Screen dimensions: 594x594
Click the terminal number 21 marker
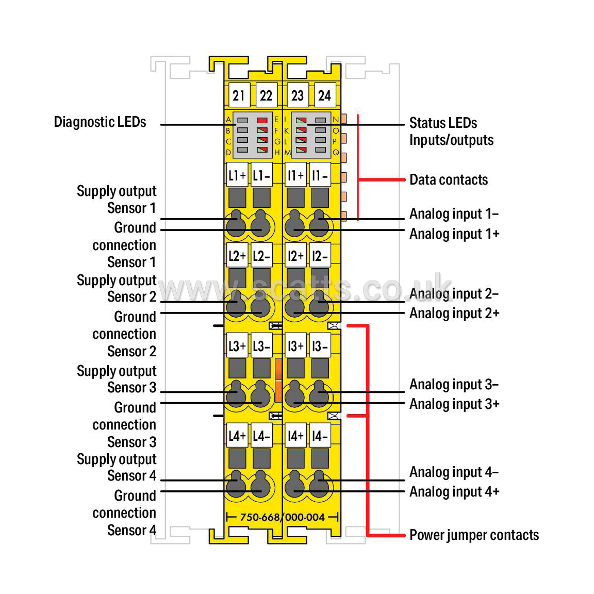(239, 95)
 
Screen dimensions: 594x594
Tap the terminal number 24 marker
(325, 95)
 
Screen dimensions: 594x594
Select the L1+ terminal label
(237, 175)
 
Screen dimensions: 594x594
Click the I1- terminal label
(320, 175)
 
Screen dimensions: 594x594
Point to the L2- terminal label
(261, 256)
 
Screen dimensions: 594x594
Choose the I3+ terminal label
(295, 345)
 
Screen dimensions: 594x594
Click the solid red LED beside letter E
(262, 121)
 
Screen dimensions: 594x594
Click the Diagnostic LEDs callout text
(100, 122)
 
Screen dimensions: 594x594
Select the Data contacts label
(449, 179)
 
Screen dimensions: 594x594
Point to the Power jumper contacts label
(474, 535)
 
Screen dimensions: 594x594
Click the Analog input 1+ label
(455, 234)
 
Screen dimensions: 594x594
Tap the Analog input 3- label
(454, 385)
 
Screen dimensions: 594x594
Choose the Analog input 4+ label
(455, 492)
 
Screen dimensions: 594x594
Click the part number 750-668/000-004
(283, 517)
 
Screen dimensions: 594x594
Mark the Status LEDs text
(443, 123)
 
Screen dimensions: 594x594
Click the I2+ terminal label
(295, 256)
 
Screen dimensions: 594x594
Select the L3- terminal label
(261, 345)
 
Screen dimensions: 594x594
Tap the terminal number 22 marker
(266, 95)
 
